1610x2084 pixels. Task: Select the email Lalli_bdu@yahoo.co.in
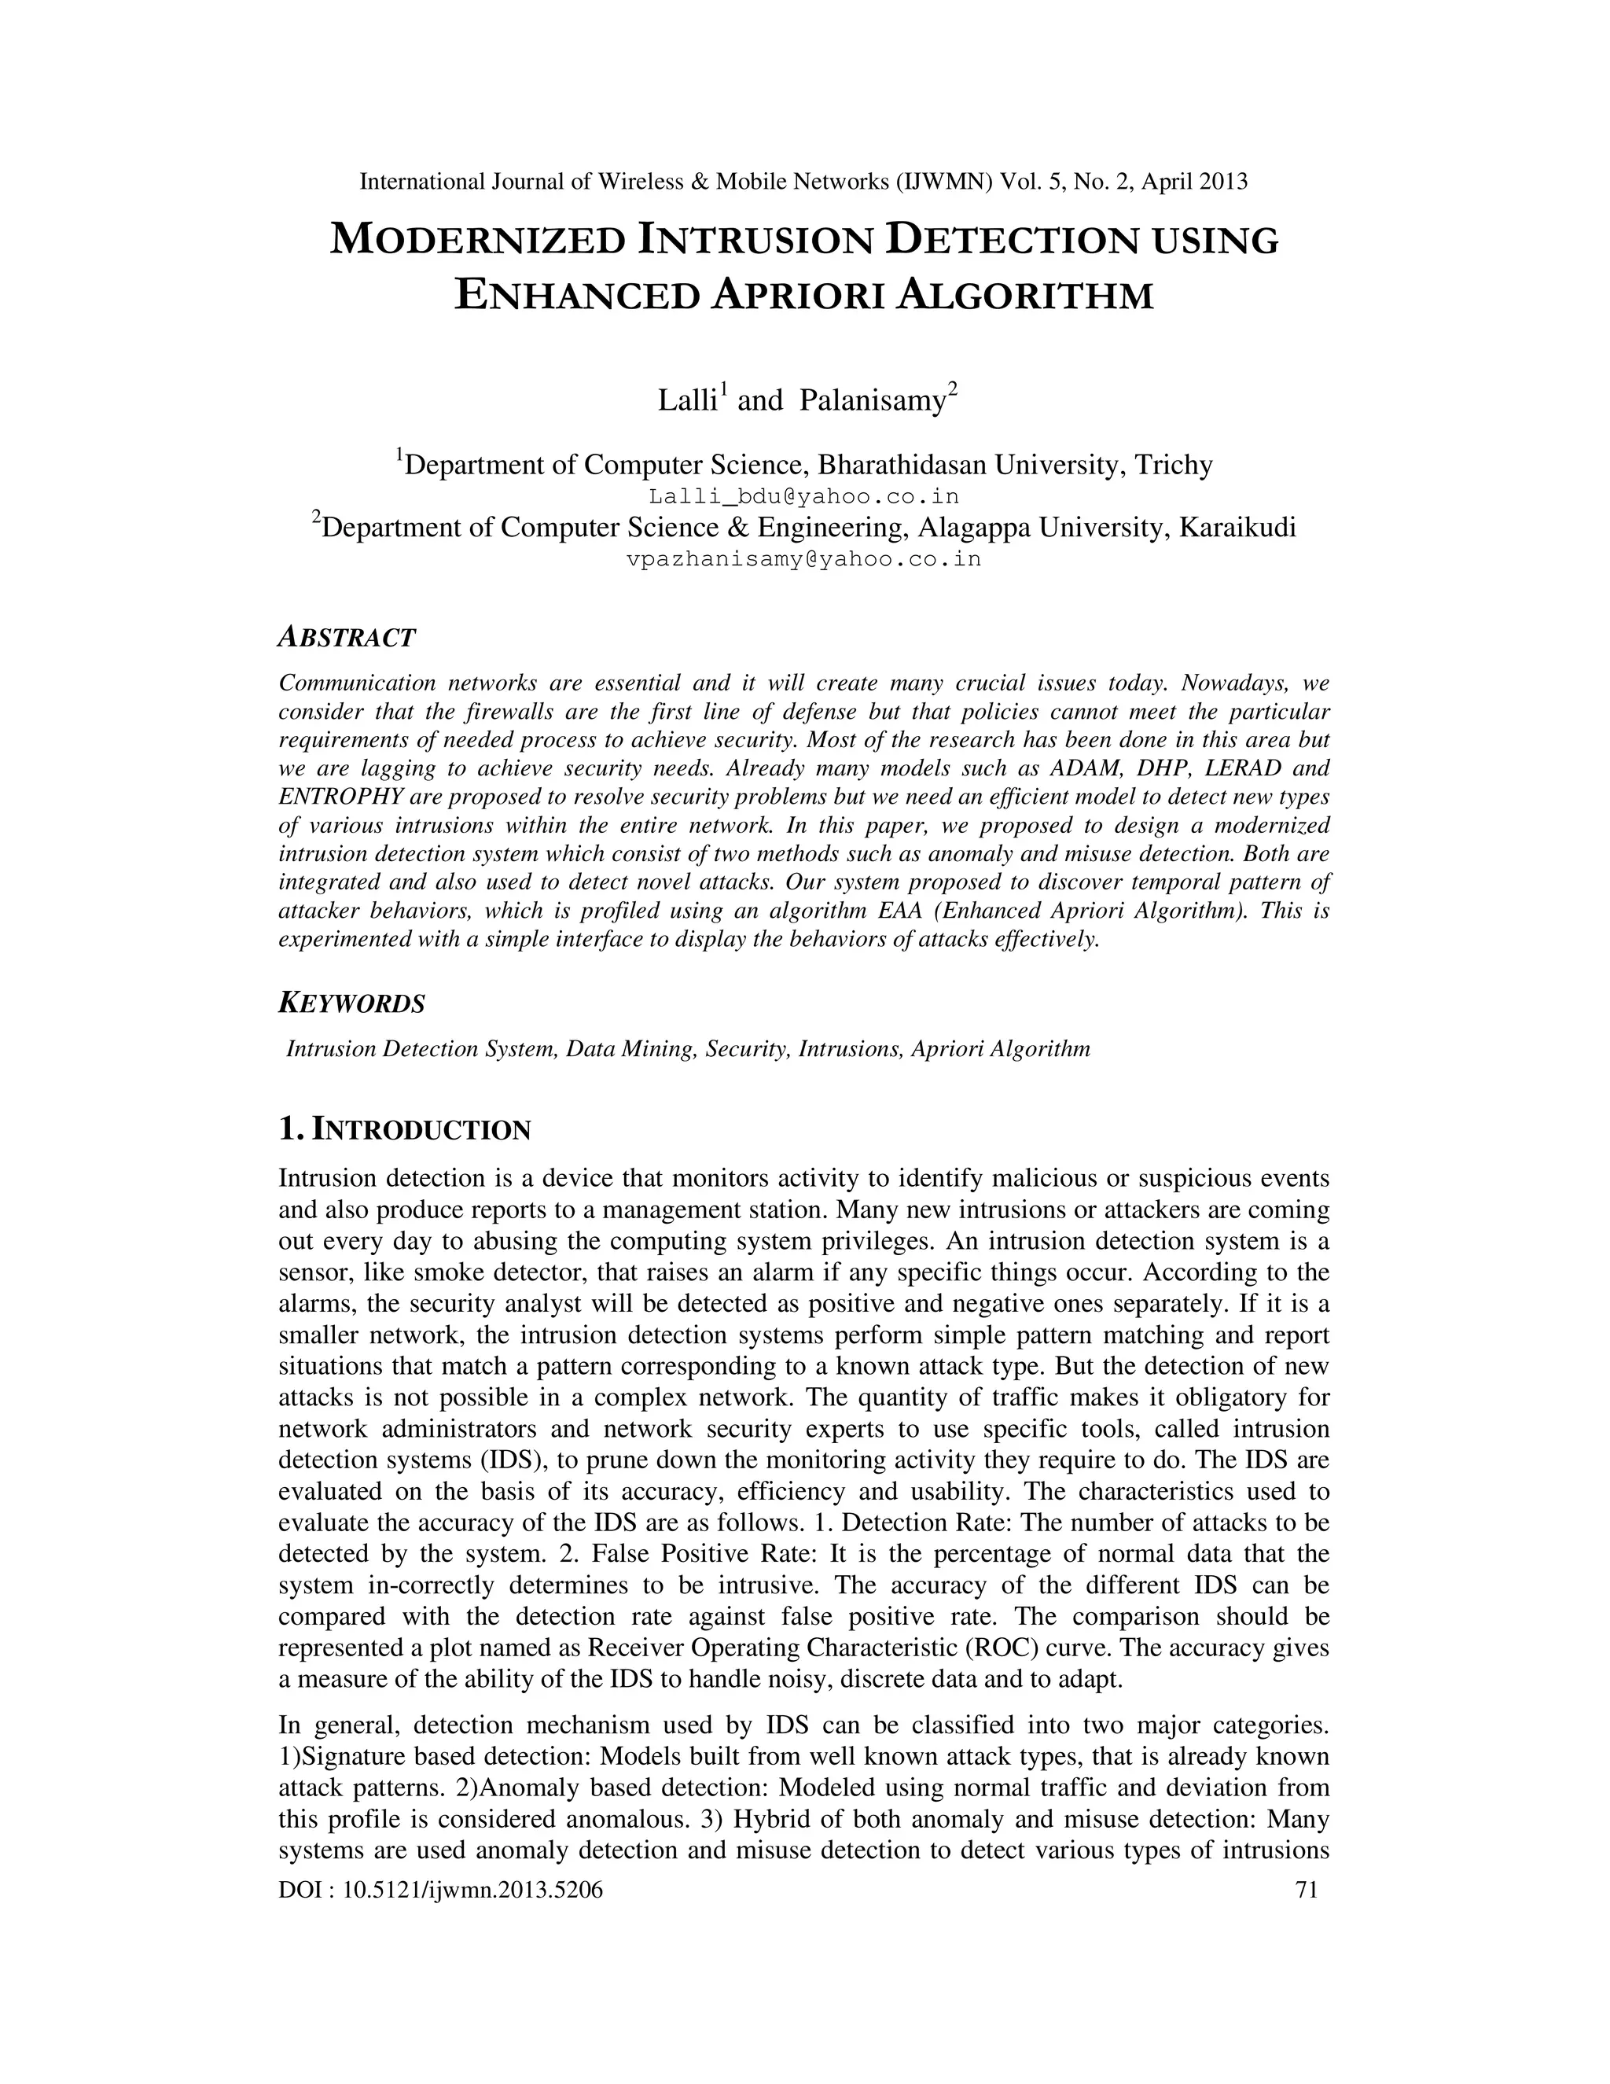pyautogui.click(x=804, y=496)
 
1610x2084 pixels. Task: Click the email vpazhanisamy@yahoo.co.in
pyautogui.click(x=804, y=559)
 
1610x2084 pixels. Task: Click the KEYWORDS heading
pyautogui.click(x=351, y=1003)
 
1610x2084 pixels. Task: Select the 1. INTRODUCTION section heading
pyautogui.click(x=404, y=1130)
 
